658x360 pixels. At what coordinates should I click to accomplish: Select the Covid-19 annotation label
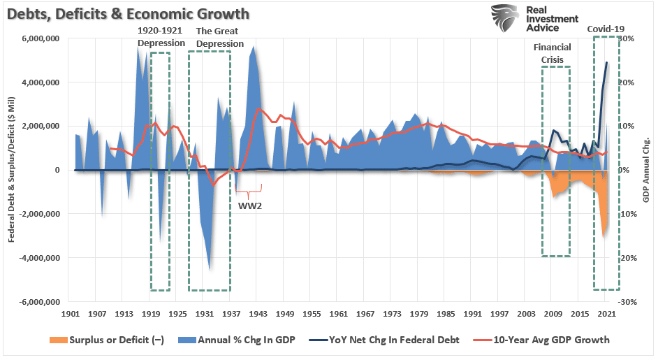point(605,29)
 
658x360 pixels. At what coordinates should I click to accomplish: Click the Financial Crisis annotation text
point(552,54)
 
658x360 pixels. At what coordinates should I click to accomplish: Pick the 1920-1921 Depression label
point(161,37)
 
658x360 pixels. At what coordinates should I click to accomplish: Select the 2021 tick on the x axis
point(605,315)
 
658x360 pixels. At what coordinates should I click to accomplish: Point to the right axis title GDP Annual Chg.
point(648,171)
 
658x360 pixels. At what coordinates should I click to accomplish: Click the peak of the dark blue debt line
point(606,62)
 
